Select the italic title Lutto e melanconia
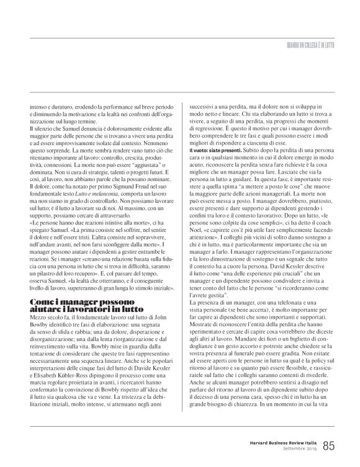tap(86, 195)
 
